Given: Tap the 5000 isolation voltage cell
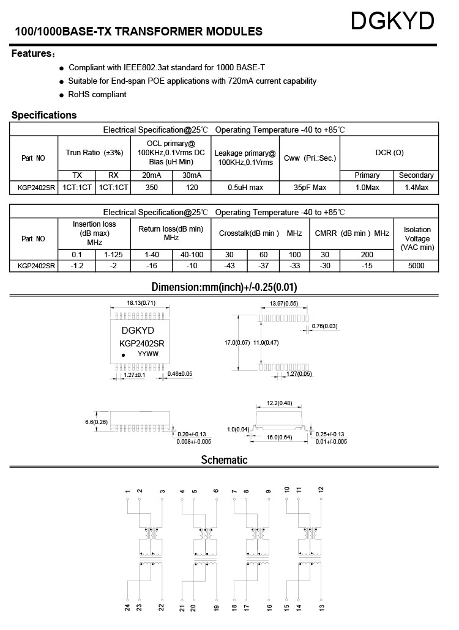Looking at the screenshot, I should pos(417,266).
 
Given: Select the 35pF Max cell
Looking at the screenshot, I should pos(310,188).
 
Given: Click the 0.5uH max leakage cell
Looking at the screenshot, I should pos(245,188).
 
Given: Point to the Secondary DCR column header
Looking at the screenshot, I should pos(416,175).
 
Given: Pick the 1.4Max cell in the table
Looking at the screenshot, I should pos(416,188).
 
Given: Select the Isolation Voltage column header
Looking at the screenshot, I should pos(417,238).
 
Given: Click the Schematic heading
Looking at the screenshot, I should pos(224,460).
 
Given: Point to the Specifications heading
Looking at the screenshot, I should pos(44,115).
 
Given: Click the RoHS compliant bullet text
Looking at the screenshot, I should pos(97,95).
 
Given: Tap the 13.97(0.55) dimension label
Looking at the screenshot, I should pos(284,303).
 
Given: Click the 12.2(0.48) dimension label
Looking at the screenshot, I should pos(279,403).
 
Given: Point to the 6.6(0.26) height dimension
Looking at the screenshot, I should pos(96,422).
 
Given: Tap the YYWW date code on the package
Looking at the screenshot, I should pos(147,354).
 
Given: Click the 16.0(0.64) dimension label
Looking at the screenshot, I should pos(280,438).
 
